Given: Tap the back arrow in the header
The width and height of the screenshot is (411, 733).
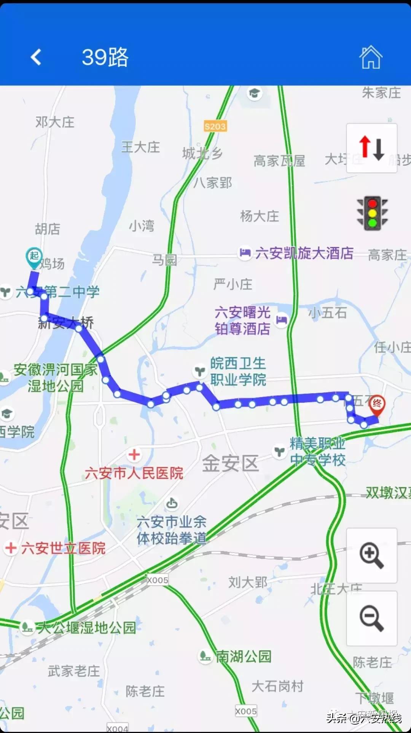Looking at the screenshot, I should click(36, 57).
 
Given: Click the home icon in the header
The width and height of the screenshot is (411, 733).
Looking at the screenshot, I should click(371, 57).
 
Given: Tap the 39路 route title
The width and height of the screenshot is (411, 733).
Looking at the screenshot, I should click(105, 57).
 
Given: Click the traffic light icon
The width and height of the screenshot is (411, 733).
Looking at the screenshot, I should click(372, 213).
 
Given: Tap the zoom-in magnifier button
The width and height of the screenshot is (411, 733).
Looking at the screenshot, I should click(371, 556).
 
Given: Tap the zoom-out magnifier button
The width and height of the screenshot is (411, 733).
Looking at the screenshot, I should click(371, 619).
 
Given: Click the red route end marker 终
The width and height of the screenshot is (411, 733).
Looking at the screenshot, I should click(377, 404).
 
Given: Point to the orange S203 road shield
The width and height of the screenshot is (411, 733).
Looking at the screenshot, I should click(215, 126).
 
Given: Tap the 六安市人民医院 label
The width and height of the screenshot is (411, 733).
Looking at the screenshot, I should click(134, 473).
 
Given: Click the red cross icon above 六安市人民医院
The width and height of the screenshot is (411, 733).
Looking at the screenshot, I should click(134, 455).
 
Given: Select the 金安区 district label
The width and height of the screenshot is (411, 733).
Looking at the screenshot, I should click(230, 463).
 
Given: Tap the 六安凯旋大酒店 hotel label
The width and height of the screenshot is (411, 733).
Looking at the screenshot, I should click(304, 253).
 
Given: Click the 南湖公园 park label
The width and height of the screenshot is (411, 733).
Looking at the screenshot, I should click(243, 656).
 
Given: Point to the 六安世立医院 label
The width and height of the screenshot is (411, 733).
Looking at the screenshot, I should click(63, 548).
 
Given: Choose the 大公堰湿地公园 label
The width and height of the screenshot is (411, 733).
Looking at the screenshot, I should click(86, 628).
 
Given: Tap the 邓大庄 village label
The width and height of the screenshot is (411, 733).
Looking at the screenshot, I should click(55, 122).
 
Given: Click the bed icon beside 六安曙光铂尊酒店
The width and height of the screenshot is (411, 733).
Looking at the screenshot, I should click(282, 320).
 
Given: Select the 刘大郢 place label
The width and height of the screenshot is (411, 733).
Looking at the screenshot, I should click(248, 582).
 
